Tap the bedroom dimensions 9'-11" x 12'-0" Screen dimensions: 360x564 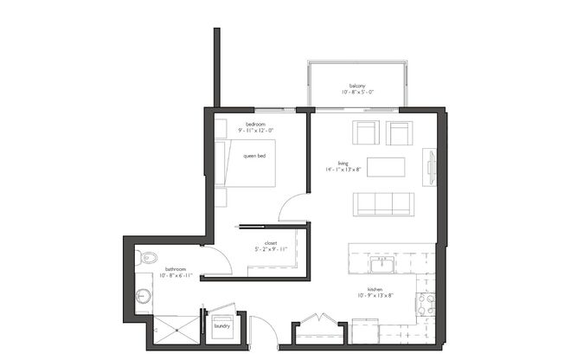point(257,131)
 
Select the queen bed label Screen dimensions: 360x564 point(254,156)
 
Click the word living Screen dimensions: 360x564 point(343,162)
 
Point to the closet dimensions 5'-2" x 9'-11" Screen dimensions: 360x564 point(271,249)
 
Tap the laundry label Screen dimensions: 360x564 point(222,326)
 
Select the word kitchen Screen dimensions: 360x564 point(375,290)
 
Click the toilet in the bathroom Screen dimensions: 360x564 point(146,257)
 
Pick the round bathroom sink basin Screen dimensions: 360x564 point(144,297)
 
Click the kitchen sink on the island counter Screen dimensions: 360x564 point(381,265)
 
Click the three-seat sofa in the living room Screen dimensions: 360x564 point(383,204)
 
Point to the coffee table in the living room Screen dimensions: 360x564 point(386,166)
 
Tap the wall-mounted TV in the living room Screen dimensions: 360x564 point(430,168)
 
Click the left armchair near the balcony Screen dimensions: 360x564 point(366,133)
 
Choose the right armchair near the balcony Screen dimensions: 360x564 point(399,133)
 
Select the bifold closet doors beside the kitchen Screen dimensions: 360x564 point(319,318)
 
